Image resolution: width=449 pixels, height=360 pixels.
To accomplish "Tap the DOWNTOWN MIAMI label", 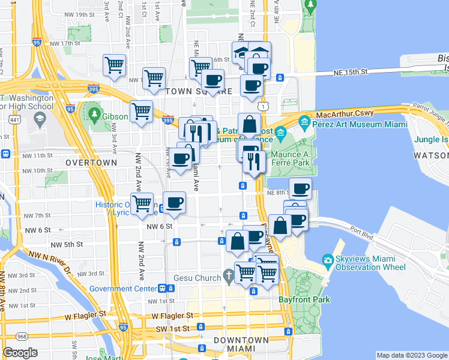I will click(x=241, y=344).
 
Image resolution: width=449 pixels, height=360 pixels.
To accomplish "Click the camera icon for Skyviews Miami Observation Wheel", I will click(x=328, y=260).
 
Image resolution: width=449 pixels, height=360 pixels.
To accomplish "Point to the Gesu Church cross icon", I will click(x=228, y=277).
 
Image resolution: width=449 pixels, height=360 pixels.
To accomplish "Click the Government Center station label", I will click(x=123, y=288).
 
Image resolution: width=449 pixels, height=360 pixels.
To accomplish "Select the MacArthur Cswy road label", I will click(x=345, y=113).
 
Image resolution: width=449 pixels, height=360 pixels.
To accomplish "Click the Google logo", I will click(x=20, y=353).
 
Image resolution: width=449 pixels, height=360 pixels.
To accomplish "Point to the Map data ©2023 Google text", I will click(x=411, y=355).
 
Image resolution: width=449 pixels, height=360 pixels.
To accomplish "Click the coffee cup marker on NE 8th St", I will click(x=300, y=188).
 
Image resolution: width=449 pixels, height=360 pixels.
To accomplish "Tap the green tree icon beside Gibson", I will click(x=94, y=113).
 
